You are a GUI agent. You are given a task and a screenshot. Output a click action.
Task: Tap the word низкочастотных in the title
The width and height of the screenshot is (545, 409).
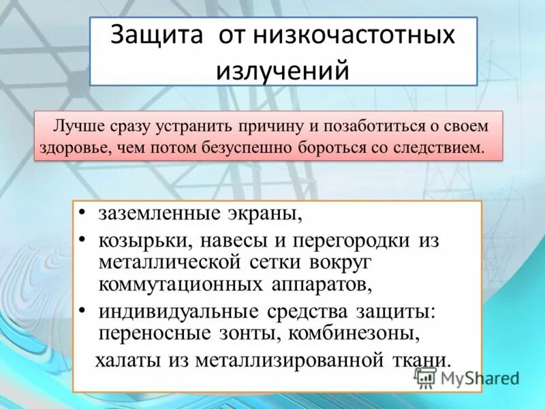[x=354, y=35]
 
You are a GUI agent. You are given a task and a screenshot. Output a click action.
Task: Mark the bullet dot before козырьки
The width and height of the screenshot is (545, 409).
[x=82, y=241]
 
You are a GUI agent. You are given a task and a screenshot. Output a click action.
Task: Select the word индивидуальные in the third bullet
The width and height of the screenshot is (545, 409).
[x=178, y=312]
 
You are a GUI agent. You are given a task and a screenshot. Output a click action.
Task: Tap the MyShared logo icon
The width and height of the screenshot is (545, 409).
[x=425, y=377]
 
